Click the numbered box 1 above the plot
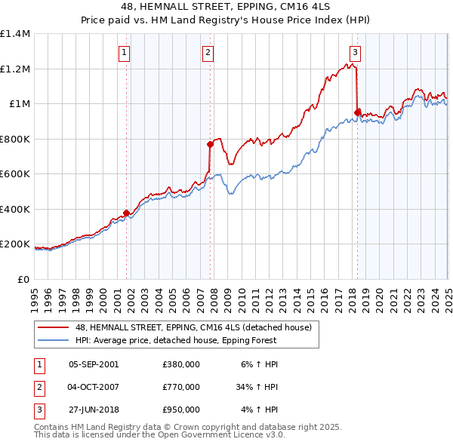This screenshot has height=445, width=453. pos(123,52)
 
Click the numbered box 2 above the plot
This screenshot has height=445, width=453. pos(208,52)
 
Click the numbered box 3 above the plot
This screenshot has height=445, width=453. pos(355,52)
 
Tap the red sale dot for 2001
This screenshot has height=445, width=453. pos(126,213)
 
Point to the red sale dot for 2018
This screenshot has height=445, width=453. pos(358,112)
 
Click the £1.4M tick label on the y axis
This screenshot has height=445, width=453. pos(15,34)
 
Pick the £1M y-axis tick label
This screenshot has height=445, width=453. pos(18,104)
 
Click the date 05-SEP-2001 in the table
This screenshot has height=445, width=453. pos(94,364)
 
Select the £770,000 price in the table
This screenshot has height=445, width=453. pos(181,387)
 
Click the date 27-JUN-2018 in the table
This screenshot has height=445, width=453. pos(94,410)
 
